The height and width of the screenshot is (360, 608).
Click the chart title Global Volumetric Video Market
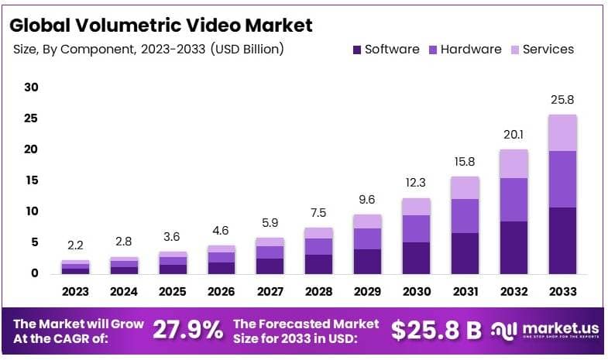click(161, 25)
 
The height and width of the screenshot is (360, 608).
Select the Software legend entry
click(385, 50)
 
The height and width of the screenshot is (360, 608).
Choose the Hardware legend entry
click(464, 50)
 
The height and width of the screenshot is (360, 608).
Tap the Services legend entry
click(541, 50)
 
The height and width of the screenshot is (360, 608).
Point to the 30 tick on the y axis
click(31, 87)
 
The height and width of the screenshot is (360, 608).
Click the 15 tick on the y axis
click(31, 180)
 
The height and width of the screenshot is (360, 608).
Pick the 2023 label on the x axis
click(75, 292)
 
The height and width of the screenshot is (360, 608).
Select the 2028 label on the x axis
click(318, 292)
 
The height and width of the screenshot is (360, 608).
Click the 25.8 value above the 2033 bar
click(562, 100)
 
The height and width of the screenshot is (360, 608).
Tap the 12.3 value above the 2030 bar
click(416, 183)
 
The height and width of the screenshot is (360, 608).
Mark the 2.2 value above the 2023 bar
click(75, 245)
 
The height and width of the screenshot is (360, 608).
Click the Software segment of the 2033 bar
click(562, 240)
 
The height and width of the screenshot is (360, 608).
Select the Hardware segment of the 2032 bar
click(514, 200)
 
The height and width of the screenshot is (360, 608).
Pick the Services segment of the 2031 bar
click(465, 187)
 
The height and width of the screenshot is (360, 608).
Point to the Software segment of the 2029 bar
click(367, 261)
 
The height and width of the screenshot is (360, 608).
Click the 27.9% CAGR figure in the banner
click(187, 330)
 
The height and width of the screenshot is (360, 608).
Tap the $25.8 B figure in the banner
click(436, 330)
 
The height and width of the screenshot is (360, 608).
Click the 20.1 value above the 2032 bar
click(514, 135)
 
